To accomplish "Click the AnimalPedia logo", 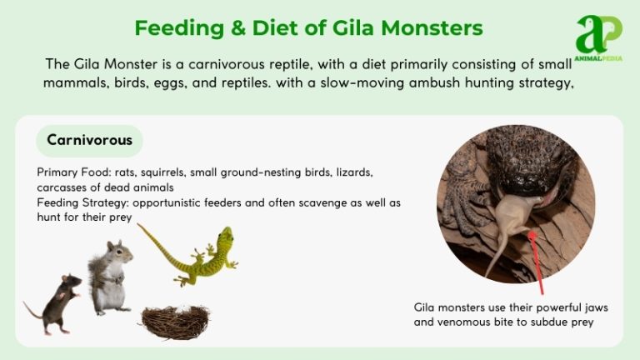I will click(598, 37).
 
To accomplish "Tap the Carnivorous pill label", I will click(89, 140).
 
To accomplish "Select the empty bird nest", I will click(174, 321).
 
